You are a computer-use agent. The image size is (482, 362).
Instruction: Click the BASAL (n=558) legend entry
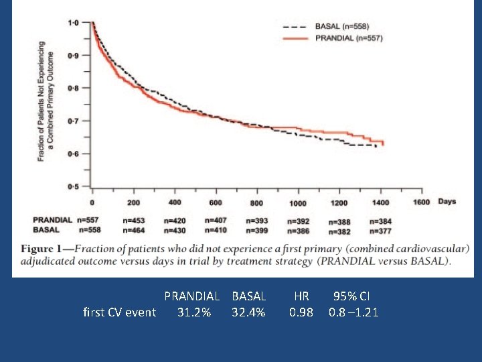(341, 26)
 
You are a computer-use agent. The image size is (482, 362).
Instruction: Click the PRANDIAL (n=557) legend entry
(348, 38)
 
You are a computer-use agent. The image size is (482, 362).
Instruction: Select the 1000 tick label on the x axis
(298, 203)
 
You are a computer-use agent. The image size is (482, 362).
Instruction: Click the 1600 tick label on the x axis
(421, 202)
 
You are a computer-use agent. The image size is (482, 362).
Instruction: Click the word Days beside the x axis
(447, 201)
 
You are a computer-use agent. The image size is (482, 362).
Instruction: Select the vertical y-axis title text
(46, 101)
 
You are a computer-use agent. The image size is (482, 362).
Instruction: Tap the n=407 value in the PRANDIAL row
(216, 220)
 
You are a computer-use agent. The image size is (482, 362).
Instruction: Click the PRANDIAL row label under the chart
(52, 220)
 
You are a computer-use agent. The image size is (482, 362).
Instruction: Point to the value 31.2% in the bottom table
(194, 312)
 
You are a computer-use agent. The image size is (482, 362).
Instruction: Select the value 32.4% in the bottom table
(248, 312)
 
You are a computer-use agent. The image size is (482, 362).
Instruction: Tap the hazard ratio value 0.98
(301, 312)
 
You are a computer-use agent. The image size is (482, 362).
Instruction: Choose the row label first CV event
(119, 312)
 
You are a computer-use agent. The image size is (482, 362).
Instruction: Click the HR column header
(301, 296)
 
